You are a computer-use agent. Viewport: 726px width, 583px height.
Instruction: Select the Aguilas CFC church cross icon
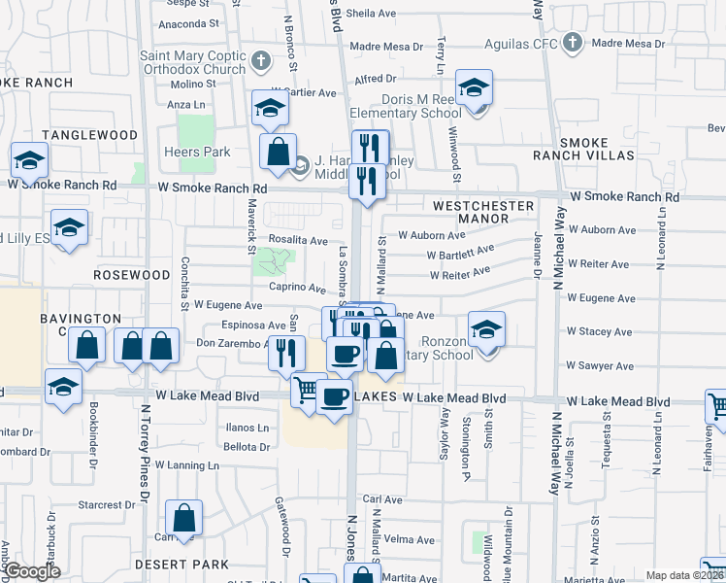point(574,43)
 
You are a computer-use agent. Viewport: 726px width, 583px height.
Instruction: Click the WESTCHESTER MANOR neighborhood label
point(483,213)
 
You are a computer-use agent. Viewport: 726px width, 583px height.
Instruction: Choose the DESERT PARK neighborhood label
point(184,564)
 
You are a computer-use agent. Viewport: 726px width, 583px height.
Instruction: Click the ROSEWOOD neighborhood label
point(132,275)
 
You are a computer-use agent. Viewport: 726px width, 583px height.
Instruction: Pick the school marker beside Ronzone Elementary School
point(486,330)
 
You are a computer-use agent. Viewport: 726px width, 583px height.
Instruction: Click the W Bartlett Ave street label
point(460,254)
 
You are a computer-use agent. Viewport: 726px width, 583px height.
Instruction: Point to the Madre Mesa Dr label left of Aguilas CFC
point(386,46)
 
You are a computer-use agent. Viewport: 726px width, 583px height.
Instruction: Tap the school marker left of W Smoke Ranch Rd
point(29,160)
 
